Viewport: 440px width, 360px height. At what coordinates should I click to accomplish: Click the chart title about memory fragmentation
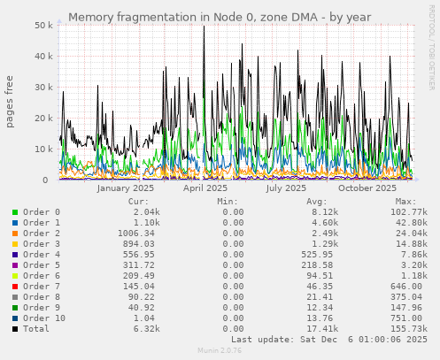219,17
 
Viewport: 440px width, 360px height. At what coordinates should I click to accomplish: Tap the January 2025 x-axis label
126,188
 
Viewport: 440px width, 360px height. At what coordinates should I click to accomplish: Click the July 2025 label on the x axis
286,188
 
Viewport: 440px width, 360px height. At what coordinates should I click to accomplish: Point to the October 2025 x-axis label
367,188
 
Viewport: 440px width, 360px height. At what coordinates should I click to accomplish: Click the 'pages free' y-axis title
10,103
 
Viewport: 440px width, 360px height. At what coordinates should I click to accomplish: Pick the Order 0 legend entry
42,212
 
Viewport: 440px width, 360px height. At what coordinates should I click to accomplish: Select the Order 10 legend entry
44,318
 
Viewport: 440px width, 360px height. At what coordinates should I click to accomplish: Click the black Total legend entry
39,329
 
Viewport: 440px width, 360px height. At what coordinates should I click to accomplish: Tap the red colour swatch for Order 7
14,287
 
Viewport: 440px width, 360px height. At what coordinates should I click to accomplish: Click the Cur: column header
138,202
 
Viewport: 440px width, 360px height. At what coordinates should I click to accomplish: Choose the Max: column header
406,202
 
